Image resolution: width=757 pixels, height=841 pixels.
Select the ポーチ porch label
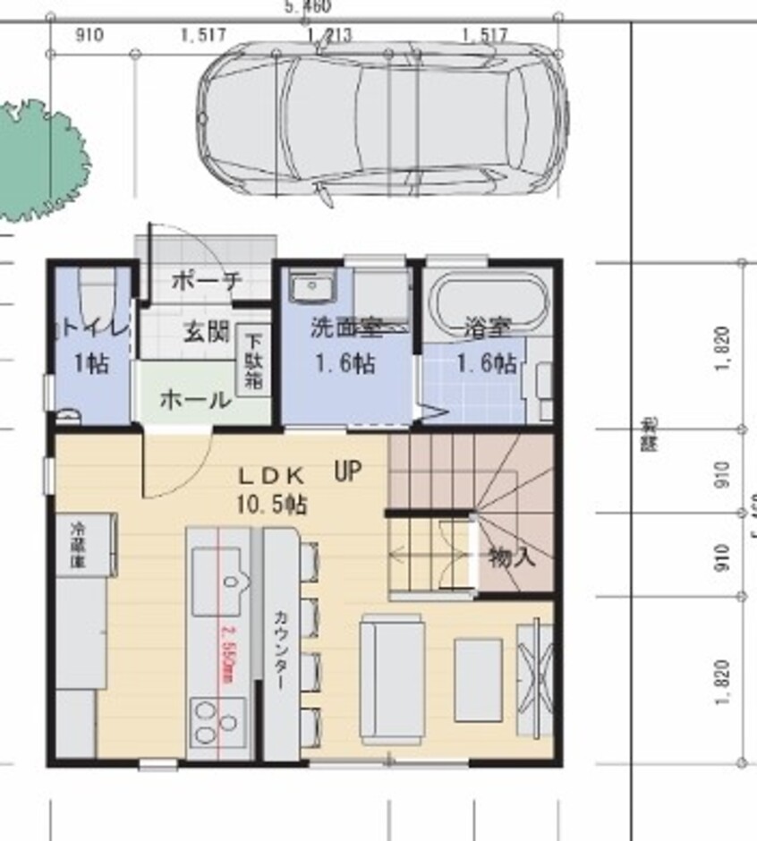pos(206,281)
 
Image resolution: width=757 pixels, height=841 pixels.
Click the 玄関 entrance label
pos(206,332)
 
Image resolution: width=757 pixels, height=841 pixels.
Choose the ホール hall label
pos(193,400)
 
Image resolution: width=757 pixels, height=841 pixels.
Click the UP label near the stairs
pos(348,471)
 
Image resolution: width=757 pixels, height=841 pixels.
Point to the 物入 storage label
pos(512,558)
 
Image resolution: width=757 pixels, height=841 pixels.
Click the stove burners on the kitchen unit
pos(218,721)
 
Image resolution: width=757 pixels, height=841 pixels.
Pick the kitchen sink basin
pos(220,571)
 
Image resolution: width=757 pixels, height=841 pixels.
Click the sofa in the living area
pos(390,678)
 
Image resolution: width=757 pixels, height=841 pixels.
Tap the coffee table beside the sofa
pos(478,680)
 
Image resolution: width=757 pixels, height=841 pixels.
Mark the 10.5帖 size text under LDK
pos(271,505)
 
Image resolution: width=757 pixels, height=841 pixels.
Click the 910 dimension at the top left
pos(90,36)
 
